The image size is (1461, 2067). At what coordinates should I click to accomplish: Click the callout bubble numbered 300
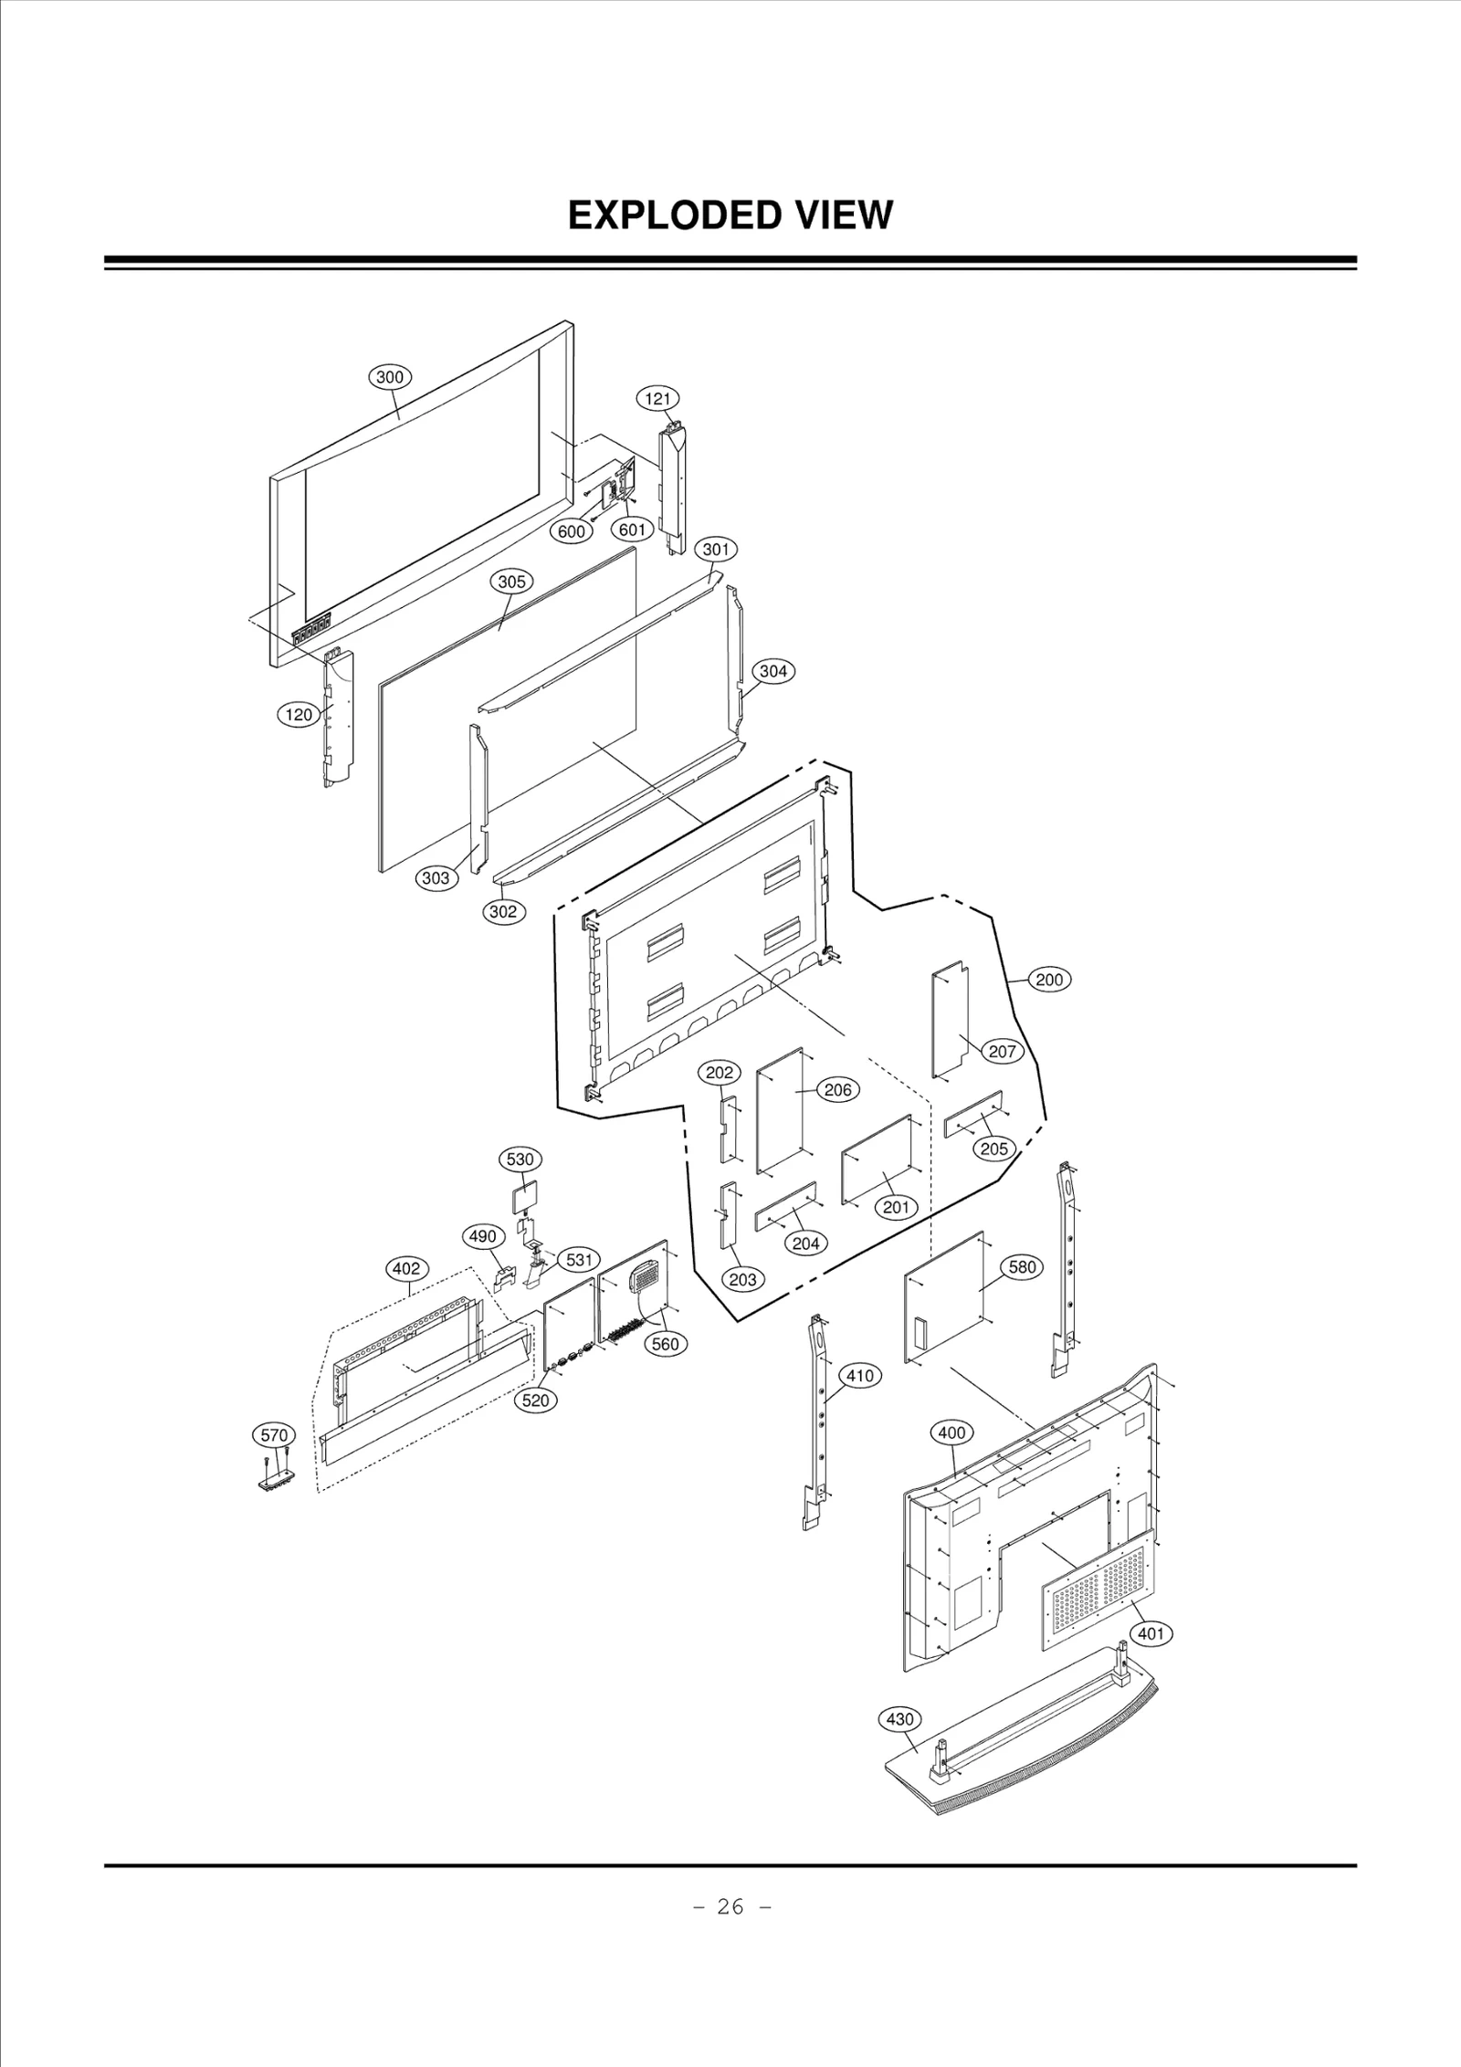390,376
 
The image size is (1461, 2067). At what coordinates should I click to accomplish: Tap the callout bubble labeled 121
657,398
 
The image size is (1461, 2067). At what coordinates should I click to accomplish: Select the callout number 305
511,582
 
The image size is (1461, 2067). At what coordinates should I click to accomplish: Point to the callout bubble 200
1049,980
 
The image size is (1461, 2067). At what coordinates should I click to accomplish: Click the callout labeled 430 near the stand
899,1719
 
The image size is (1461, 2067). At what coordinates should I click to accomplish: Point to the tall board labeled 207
950,1018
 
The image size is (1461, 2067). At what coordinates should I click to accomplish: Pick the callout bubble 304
773,671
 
